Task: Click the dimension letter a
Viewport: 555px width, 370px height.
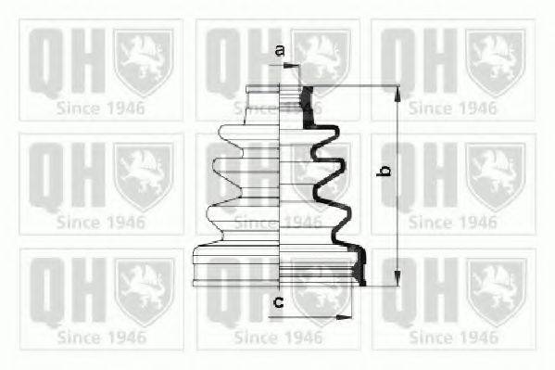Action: (x=279, y=52)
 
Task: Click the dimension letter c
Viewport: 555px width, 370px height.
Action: (x=278, y=301)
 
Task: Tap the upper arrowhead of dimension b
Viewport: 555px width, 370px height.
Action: (x=397, y=92)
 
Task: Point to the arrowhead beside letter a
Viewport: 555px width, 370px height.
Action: (x=295, y=65)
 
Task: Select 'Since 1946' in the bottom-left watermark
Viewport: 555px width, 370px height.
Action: (x=101, y=336)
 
